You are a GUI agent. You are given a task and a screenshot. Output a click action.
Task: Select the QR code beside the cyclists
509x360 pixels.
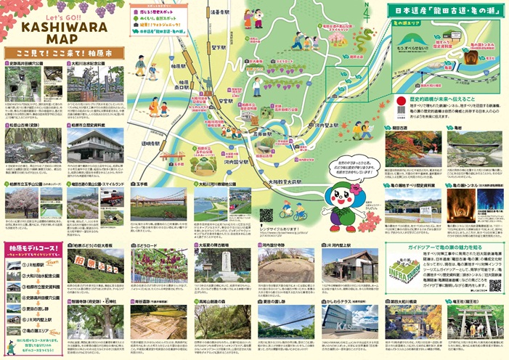(x=266, y=215)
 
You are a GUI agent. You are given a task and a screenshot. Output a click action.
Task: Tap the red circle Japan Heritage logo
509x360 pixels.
(x=400, y=99)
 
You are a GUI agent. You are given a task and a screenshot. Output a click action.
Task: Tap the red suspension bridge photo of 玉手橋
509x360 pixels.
(x=160, y=205)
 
